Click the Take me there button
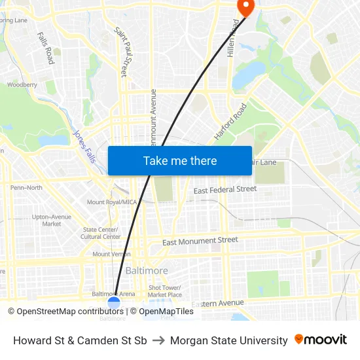click(180, 160)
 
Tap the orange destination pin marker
click(245, 7)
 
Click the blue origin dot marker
click(114, 302)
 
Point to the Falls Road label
click(46, 48)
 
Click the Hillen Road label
click(232, 37)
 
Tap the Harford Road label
click(230, 121)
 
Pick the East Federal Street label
click(225, 189)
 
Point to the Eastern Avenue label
click(217, 304)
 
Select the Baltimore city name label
click(147, 270)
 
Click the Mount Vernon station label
click(111, 254)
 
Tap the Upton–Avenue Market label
click(52, 220)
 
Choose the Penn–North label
click(26, 188)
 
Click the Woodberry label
click(22, 84)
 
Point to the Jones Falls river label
click(84, 146)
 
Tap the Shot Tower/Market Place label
click(165, 291)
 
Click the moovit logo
click(321, 340)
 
